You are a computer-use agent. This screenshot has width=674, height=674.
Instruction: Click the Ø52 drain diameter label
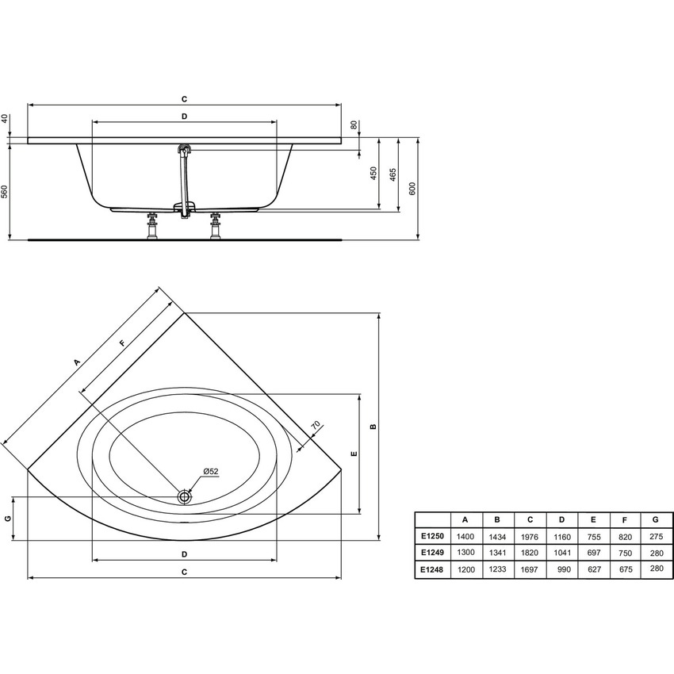click(210, 472)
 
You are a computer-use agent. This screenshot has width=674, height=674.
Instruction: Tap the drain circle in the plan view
click(185, 496)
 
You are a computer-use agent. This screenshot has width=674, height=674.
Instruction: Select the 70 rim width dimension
click(315, 426)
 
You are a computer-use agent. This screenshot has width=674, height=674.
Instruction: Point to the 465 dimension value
click(393, 174)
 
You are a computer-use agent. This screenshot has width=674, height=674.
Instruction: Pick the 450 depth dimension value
click(373, 174)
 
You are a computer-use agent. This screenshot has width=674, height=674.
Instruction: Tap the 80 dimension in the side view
click(354, 125)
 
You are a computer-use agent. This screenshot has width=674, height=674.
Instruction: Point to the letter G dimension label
click(7, 518)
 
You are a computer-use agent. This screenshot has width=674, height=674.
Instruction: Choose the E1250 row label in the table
click(432, 537)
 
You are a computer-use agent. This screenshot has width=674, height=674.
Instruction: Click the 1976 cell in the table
click(530, 537)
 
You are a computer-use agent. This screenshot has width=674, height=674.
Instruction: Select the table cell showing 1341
click(497, 553)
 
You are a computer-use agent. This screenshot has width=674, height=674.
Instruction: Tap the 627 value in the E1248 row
click(593, 569)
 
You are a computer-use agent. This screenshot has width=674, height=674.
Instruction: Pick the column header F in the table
click(625, 519)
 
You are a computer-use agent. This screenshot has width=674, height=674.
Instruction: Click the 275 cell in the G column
click(656, 537)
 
